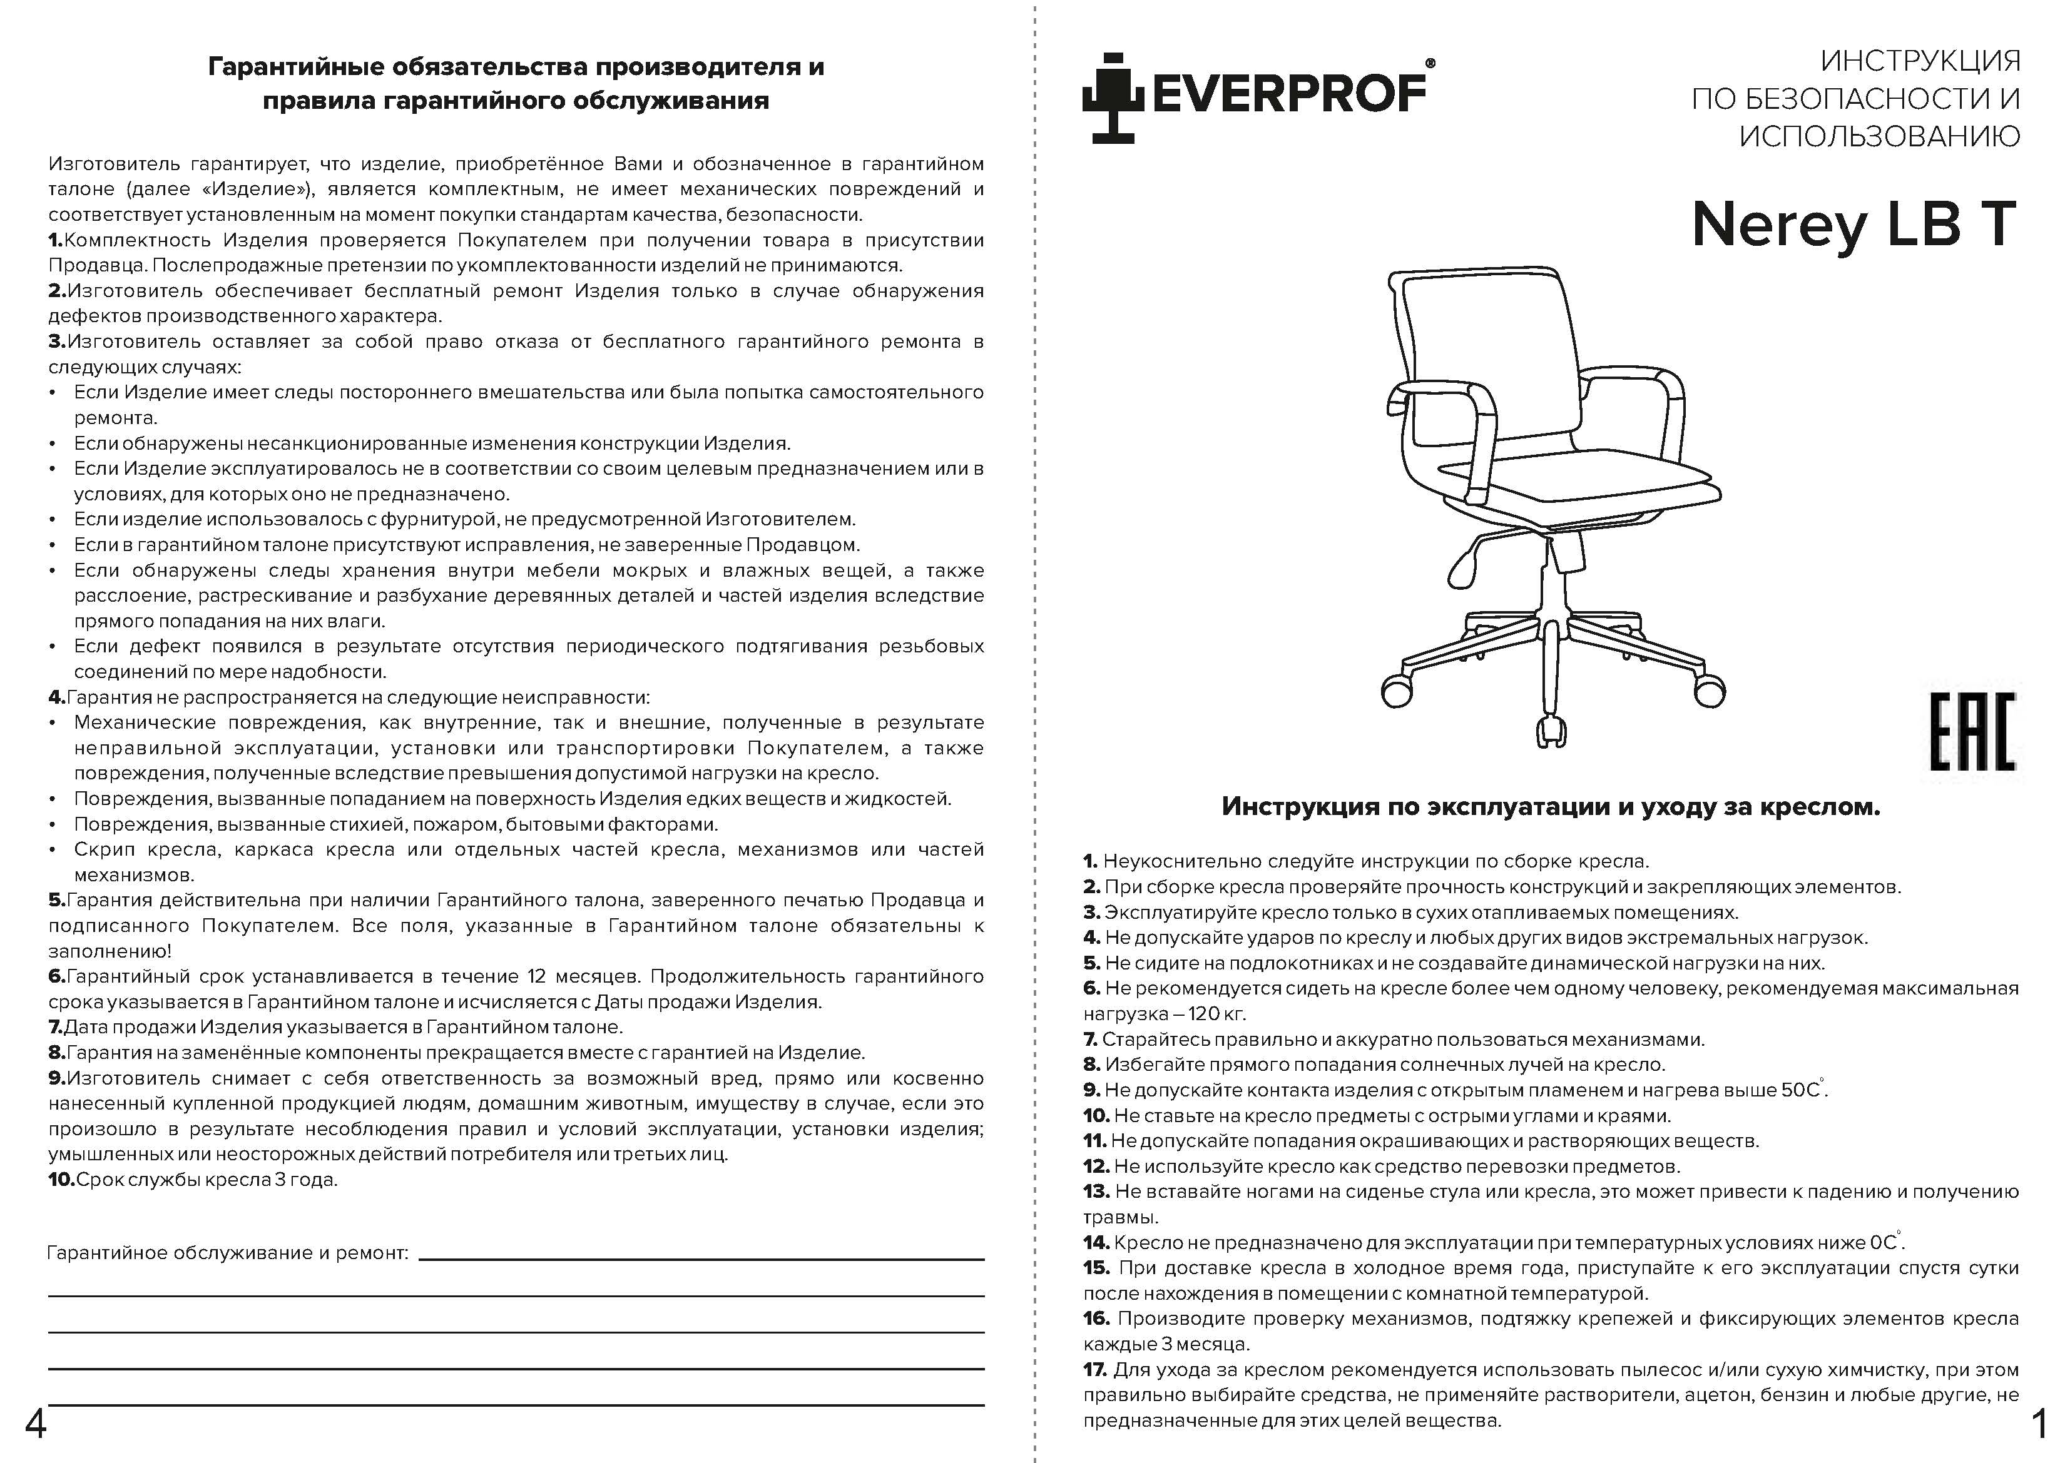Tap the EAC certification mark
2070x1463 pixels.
pyautogui.click(x=1972, y=731)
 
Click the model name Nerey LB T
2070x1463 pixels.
pyautogui.click(x=1853, y=225)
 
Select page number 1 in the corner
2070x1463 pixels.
pyautogui.click(x=2039, y=1425)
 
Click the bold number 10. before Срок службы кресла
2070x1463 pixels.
pyautogui.click(x=61, y=1179)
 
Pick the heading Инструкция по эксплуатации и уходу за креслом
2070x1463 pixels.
pyautogui.click(x=1551, y=806)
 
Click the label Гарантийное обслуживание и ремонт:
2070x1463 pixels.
pyautogui.click(x=227, y=1253)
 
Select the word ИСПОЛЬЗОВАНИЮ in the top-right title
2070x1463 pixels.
pyautogui.click(x=1880, y=136)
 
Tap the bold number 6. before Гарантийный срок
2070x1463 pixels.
pyautogui.click(x=57, y=976)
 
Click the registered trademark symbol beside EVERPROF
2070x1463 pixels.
pyautogui.click(x=1430, y=63)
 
